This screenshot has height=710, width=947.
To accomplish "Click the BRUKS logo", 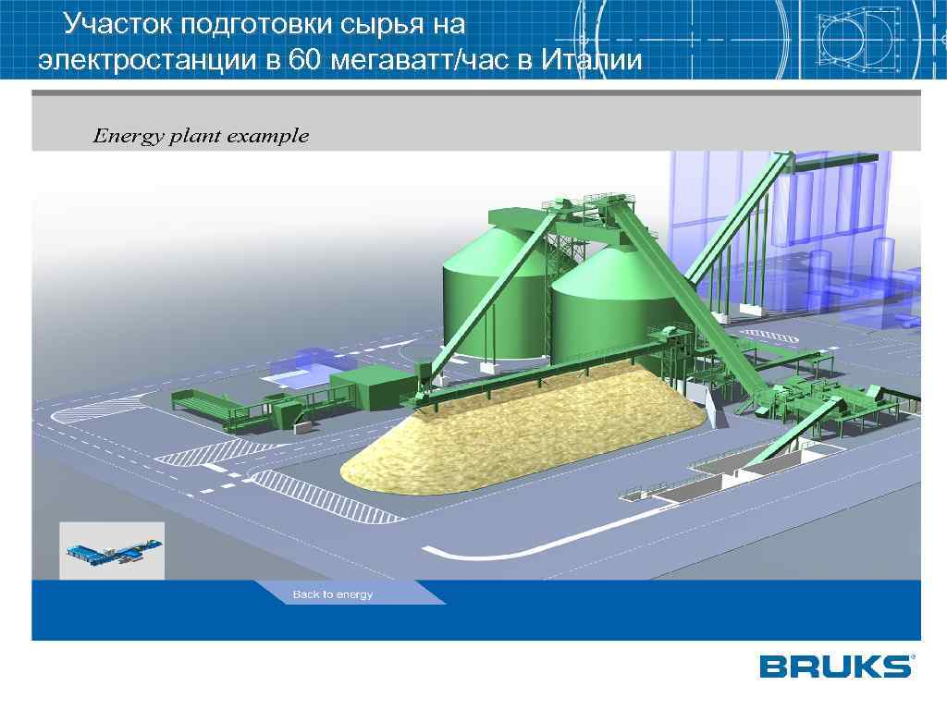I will point(836,667).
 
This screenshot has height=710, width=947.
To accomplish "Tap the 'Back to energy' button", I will point(333,594).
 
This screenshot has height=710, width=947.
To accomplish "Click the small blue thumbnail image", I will point(112,551).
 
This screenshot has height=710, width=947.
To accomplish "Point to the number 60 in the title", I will point(300,60).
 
